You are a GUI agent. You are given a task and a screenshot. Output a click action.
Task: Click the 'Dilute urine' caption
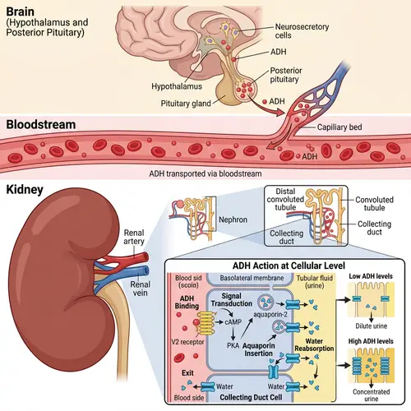coord(367,330)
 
